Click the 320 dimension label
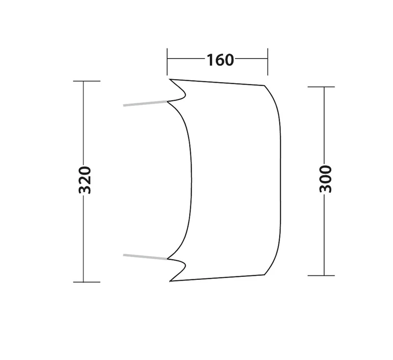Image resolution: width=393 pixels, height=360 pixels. tap(85, 180)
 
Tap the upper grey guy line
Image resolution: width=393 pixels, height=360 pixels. tap(145, 104)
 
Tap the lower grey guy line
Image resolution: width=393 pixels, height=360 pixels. tap(145, 256)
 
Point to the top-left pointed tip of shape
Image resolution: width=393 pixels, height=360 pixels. tap(169, 79)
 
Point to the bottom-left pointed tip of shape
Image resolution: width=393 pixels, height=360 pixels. tap(170, 281)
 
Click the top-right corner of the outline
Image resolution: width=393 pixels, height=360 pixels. tap(265, 86)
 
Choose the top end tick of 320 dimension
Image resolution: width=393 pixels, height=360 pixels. tap(86, 81)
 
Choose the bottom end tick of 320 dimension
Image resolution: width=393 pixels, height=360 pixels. tap(86, 282)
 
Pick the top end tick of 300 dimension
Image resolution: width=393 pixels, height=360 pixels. tap(321, 87)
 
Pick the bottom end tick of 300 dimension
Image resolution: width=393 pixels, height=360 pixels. tap(321, 275)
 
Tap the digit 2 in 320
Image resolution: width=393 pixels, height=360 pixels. tap(85, 180)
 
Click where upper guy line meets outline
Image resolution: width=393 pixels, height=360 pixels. tap(168, 102)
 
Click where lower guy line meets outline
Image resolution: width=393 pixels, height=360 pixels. tap(168, 258)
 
